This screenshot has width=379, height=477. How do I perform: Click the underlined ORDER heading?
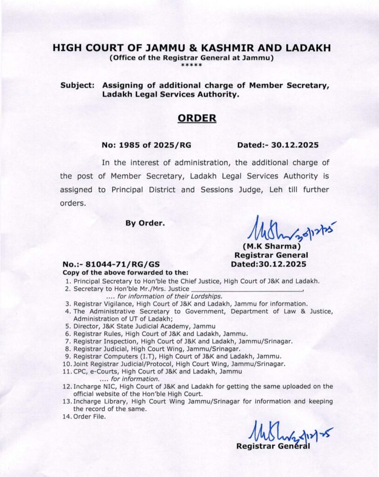(197, 118)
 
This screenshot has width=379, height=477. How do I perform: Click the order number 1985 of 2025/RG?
(146, 145)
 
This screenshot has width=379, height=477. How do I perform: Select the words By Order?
(145, 223)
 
